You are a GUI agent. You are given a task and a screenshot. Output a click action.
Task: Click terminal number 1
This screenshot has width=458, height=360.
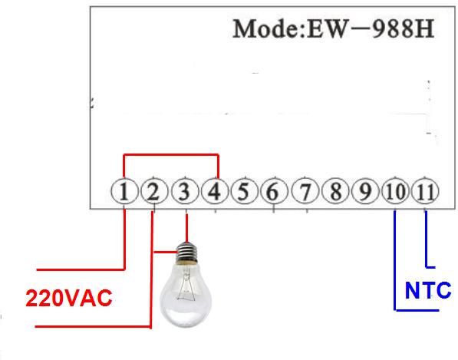124,191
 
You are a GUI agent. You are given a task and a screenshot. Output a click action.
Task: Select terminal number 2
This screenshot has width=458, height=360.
154,191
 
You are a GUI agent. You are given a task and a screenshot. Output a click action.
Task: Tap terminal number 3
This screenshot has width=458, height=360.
185,191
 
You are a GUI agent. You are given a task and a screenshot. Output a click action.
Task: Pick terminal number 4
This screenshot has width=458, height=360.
215,191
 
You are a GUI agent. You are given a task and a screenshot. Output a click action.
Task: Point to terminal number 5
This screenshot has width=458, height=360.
245,191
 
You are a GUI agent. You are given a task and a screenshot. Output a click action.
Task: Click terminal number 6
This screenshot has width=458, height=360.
275,191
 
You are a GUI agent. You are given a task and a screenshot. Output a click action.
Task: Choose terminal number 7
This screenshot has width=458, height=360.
305,191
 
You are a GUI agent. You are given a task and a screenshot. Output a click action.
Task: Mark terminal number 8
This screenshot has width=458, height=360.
335,191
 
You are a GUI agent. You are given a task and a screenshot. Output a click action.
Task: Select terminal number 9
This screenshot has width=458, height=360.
365,191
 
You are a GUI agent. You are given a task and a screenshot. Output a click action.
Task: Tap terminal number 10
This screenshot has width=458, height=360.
396,191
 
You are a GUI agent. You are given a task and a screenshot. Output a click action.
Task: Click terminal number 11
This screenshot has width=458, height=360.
425,191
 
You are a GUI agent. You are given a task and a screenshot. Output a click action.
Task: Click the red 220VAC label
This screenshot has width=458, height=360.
69,298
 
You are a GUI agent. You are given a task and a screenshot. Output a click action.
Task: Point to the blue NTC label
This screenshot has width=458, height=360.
428,290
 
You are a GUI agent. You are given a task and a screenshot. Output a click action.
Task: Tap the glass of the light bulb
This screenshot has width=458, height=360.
186,295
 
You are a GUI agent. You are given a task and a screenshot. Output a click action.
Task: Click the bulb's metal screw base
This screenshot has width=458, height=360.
187,253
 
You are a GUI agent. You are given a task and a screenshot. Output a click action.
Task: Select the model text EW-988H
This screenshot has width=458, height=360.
371,28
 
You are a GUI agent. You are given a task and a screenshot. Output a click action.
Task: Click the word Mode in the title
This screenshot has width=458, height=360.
266,28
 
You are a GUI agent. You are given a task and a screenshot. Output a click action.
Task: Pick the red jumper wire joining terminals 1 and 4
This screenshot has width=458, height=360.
171,155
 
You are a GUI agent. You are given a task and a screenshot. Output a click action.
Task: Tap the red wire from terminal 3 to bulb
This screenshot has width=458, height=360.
186,228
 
